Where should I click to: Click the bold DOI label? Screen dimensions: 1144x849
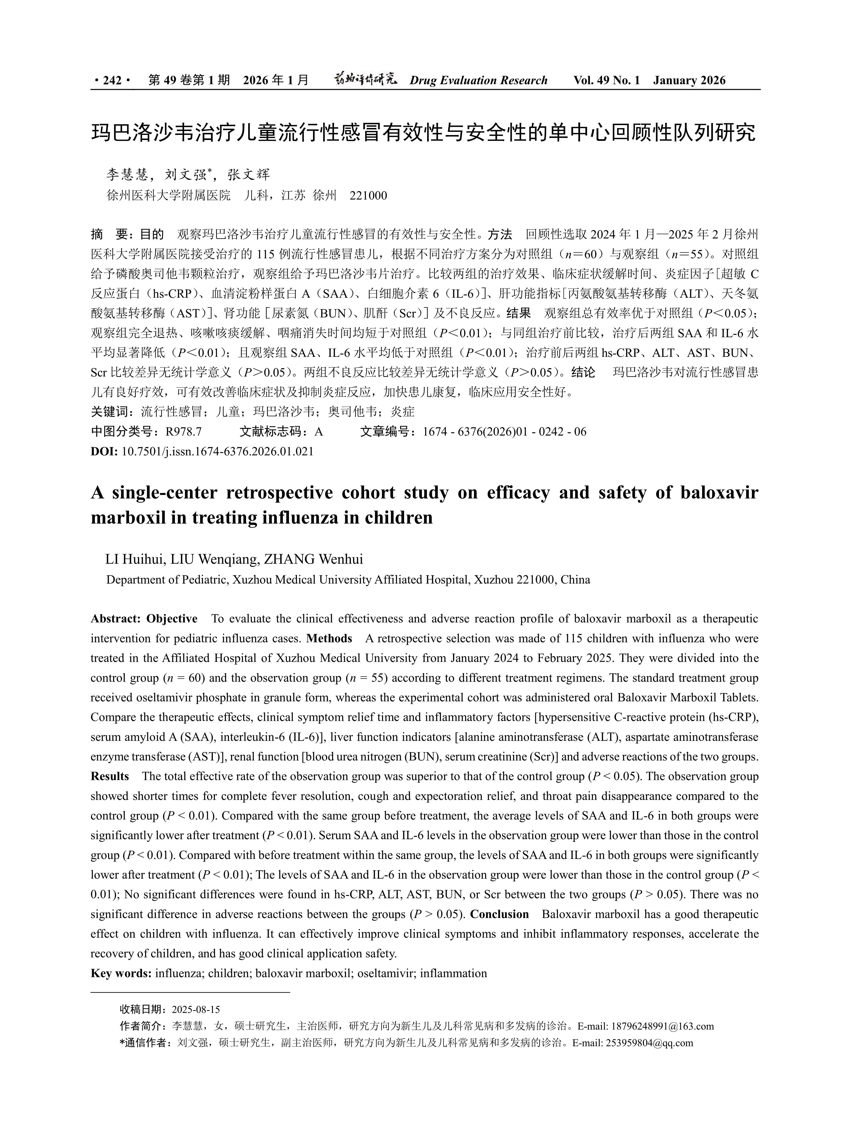(104, 452)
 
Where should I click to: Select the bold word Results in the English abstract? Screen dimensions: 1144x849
(109, 776)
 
